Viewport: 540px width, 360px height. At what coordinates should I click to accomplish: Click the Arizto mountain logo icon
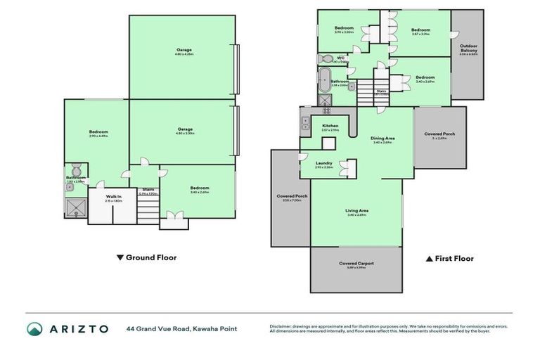tap(35, 328)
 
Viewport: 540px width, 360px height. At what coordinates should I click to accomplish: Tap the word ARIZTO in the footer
tap(77, 328)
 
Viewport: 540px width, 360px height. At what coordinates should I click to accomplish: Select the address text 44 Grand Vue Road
tap(158, 328)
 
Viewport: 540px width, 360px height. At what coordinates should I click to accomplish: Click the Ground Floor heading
tap(150, 257)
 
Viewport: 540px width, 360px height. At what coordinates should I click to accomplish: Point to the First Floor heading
tap(455, 258)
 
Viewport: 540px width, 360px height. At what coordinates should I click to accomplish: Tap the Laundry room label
tap(323, 163)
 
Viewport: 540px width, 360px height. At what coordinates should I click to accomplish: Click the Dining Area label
tap(382, 138)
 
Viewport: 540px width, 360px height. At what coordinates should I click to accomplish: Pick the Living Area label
tap(357, 210)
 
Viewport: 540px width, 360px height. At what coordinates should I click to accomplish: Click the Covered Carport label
tap(356, 264)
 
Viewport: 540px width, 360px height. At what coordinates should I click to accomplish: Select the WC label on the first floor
tap(340, 58)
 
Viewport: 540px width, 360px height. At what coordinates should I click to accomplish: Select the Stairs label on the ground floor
tap(148, 189)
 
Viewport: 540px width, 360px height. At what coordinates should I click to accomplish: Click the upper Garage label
tap(184, 50)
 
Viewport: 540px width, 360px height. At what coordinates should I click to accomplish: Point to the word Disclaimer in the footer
tap(282, 326)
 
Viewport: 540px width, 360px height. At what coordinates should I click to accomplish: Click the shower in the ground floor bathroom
tap(75, 206)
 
